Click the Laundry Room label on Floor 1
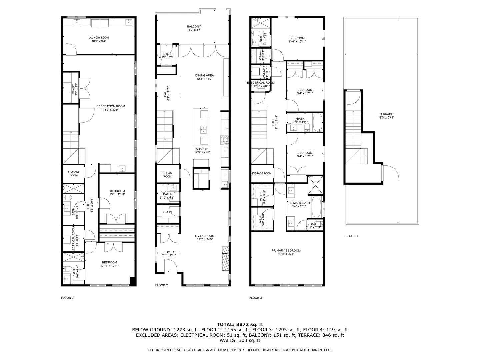click(x=98, y=39)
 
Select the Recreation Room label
click(x=111, y=108)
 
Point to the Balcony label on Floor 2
click(x=194, y=28)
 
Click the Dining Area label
click(x=204, y=77)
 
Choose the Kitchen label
click(x=202, y=150)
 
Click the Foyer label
click(x=168, y=254)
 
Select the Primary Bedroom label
click(x=286, y=252)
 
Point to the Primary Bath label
click(x=299, y=204)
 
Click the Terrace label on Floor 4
click(x=386, y=116)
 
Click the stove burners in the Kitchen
click(x=223, y=140)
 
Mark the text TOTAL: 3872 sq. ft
click(x=240, y=324)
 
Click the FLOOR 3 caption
click(x=256, y=298)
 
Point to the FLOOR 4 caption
click(x=352, y=236)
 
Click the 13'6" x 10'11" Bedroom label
click(x=297, y=40)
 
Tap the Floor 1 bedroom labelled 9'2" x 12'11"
click(x=117, y=193)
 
